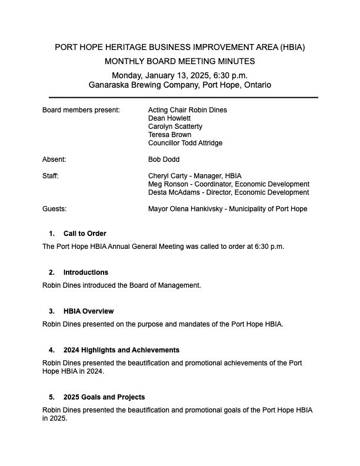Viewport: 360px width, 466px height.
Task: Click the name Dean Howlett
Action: (x=169, y=118)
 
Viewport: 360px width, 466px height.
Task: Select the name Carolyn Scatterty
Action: (x=175, y=127)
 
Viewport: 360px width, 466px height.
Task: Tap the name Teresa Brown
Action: (x=169, y=135)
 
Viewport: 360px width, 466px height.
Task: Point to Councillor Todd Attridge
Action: (x=185, y=143)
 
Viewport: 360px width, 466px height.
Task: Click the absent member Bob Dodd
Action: (x=164, y=159)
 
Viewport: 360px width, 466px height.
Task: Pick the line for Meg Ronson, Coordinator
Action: (x=229, y=184)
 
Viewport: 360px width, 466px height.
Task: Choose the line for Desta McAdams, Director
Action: (x=228, y=192)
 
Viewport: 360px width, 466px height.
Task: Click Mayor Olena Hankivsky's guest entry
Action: (x=228, y=209)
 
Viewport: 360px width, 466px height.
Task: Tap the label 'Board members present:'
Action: (x=81, y=110)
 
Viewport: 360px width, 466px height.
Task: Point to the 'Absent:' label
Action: (x=54, y=159)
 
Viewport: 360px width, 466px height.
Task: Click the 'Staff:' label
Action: (x=51, y=176)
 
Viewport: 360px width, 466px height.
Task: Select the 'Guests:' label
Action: (x=54, y=209)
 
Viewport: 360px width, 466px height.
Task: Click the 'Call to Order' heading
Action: (x=85, y=234)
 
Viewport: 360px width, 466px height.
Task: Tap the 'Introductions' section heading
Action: (x=86, y=272)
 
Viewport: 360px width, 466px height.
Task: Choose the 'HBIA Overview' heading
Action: (x=88, y=311)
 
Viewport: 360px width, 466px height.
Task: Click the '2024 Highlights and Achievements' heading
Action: (x=121, y=350)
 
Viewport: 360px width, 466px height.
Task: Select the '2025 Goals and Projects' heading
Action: (x=104, y=397)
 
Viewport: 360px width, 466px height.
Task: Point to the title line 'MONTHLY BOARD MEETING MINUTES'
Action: (x=180, y=61)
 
